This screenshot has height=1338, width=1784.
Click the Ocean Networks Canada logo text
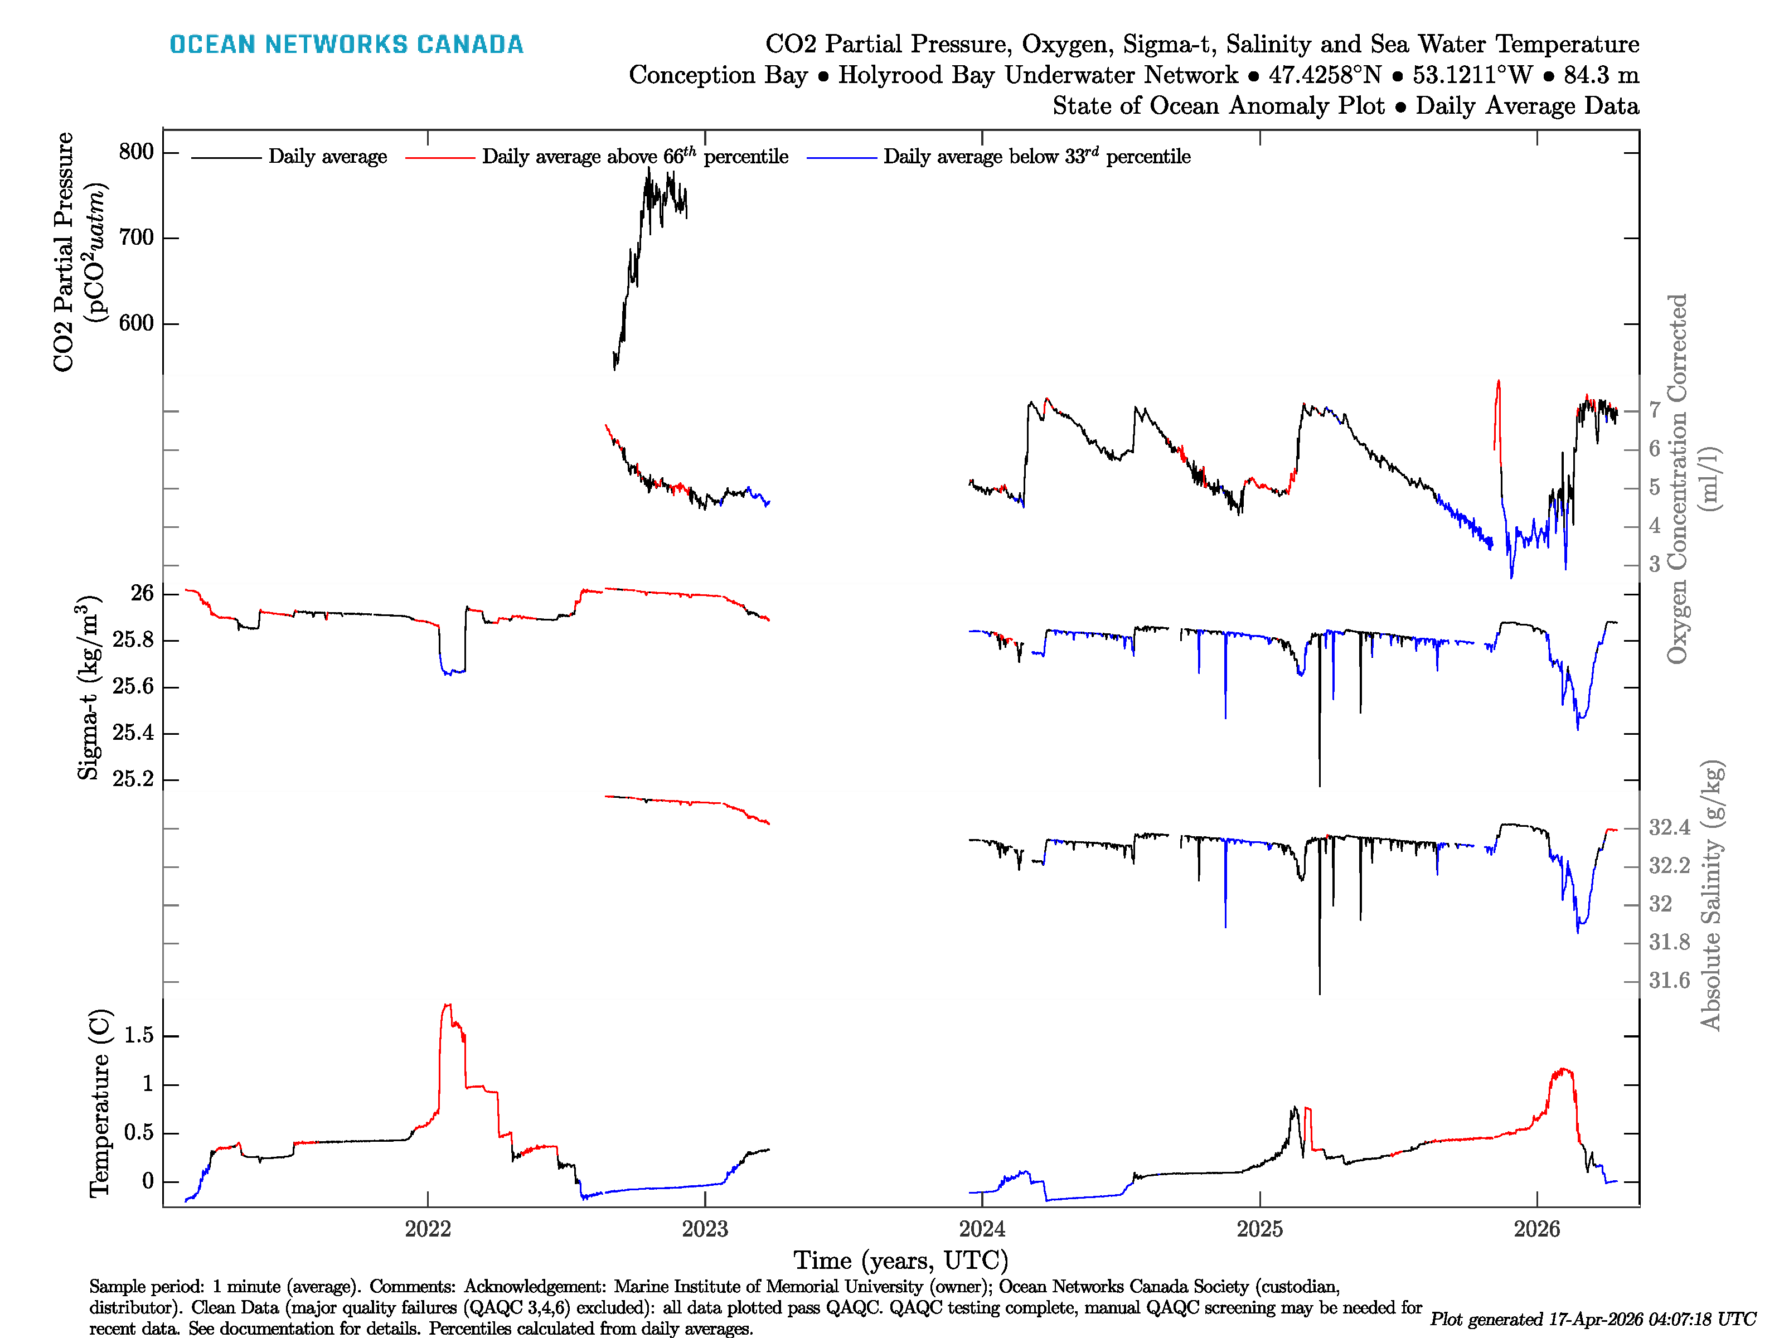pyautogui.click(x=346, y=45)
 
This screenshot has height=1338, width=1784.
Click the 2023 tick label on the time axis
pyautogui.click(x=704, y=1229)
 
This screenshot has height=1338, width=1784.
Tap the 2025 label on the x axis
pyautogui.click(x=1259, y=1229)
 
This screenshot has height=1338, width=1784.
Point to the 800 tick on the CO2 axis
pyautogui.click(x=135, y=152)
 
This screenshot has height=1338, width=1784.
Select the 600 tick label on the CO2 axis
pyautogui.click(x=135, y=323)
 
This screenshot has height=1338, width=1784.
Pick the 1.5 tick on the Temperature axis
pyautogui.click(x=139, y=1036)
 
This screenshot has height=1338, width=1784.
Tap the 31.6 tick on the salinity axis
pyautogui.click(x=1669, y=981)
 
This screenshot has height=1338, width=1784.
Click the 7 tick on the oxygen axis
pyautogui.click(x=1654, y=410)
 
